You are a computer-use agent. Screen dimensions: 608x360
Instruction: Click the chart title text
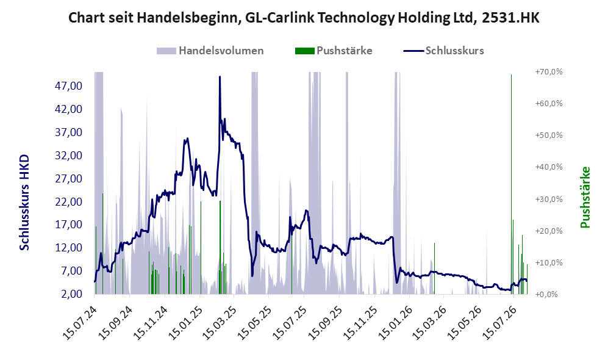304,18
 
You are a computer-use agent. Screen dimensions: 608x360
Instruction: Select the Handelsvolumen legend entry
210,51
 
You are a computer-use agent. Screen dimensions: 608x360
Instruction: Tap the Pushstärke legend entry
334,51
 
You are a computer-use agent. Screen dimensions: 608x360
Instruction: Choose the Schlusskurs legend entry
443,51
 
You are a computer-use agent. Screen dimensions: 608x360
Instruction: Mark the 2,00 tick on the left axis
71,294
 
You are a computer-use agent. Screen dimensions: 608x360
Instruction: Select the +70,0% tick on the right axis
549,72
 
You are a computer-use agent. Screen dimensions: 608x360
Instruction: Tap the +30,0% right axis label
549,199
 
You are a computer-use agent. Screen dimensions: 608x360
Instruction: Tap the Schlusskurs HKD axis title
24,203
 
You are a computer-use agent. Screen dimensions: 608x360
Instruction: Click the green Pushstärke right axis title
585,198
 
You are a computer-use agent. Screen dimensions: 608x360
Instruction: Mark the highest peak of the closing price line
220,77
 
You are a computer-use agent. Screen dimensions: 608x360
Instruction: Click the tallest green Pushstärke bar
512,184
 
